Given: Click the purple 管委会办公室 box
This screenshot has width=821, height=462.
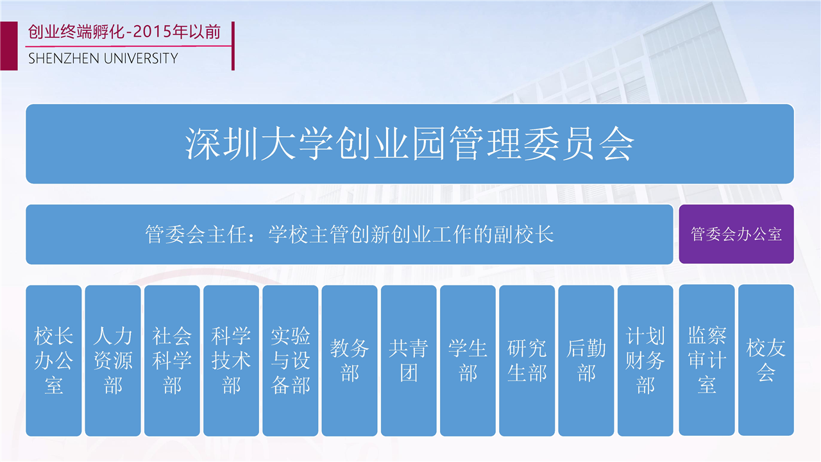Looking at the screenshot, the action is coord(736,234).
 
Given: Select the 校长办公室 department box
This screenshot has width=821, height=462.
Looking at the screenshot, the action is coord(54,361).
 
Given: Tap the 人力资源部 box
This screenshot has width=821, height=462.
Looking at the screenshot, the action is coord(113,361).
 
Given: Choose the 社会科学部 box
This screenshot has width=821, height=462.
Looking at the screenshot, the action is coord(172,361).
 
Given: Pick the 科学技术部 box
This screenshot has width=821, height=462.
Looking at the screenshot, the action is coord(232,361).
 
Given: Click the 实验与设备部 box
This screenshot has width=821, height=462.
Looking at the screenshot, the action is coord(291,361).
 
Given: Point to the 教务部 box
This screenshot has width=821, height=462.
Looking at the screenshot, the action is coord(350,361).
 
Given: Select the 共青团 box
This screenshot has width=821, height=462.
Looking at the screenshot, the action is coord(409,361).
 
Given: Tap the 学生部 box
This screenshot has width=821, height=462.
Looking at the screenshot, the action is coord(468,361).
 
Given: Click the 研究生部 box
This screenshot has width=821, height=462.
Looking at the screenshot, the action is coord(527,361).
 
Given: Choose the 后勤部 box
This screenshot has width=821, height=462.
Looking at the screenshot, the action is coord(586,361).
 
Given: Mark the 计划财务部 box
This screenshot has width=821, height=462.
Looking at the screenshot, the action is coord(645,361).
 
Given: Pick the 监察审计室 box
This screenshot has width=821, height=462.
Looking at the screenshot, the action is coord(707,360).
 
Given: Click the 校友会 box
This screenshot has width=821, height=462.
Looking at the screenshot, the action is coord(766,360).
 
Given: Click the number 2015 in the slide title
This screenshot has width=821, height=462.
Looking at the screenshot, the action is coord(153,32).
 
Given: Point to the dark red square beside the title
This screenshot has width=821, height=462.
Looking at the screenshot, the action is coord(9,46).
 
